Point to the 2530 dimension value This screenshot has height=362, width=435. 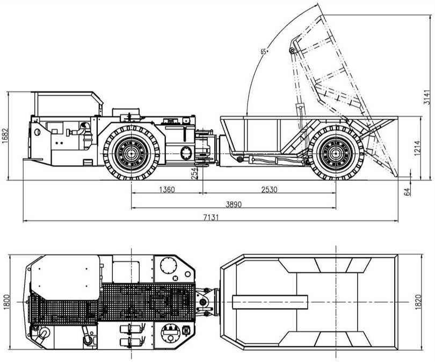click(269, 189)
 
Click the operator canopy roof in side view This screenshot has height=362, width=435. click(66, 93)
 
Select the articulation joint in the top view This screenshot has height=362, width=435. click(206, 301)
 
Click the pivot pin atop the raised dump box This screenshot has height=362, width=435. click(292, 50)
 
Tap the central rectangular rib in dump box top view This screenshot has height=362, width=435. click(269, 301)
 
